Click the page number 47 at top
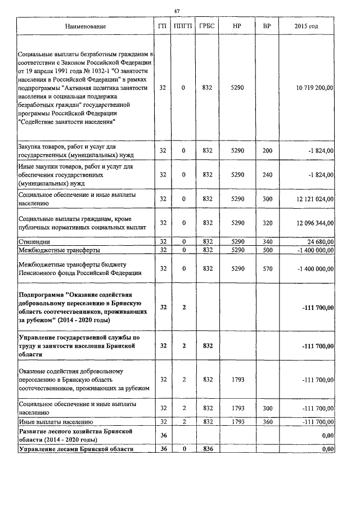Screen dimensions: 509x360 [x=177, y=11]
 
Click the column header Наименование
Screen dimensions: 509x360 [x=85, y=26]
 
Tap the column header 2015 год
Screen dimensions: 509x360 [x=307, y=26]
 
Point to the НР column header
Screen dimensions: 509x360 [x=237, y=26]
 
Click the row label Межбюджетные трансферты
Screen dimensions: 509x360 [x=51, y=249]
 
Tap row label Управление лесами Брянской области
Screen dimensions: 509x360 [x=76, y=448]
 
